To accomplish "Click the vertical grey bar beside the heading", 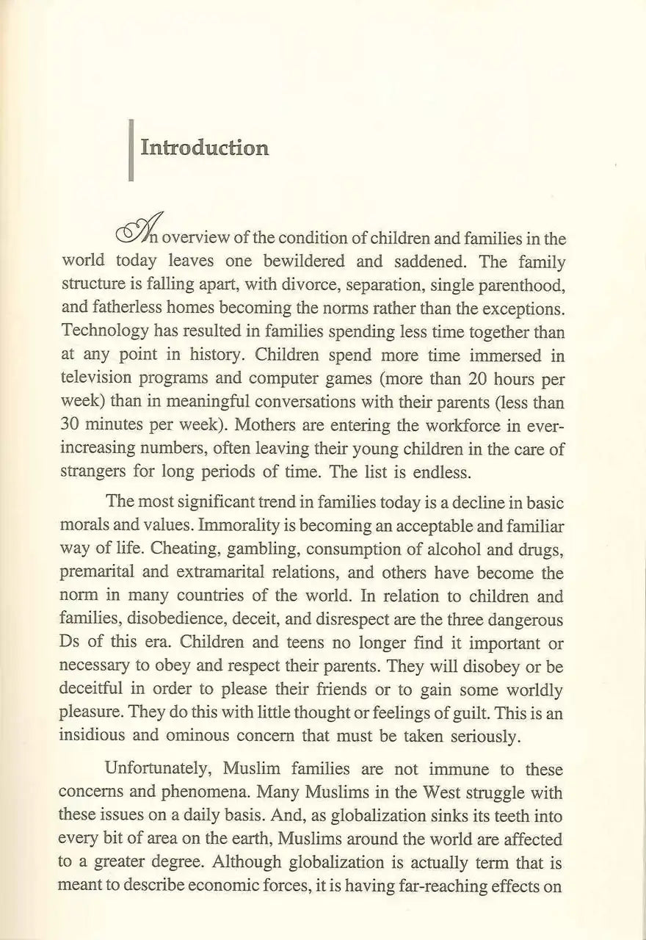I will pos(131,150).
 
